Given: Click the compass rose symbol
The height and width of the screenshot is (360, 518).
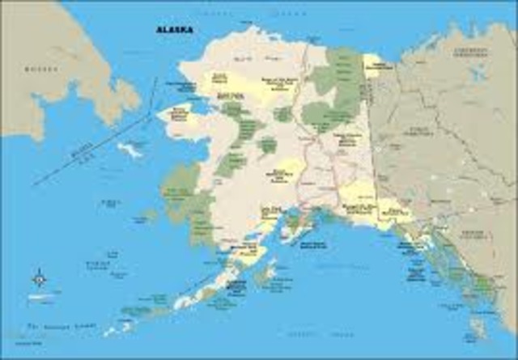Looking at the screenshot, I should (38, 279).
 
